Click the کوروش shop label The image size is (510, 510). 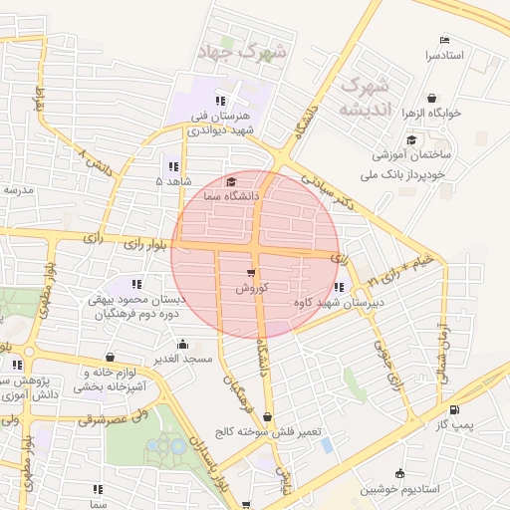tap(248, 287)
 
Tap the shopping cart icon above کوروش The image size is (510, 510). tap(249, 272)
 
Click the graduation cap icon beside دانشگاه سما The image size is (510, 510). tap(232, 182)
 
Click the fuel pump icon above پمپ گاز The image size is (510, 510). tap(455, 409)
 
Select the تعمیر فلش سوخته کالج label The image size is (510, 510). tap(264, 432)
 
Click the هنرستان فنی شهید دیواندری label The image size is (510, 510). tap(225, 123)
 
